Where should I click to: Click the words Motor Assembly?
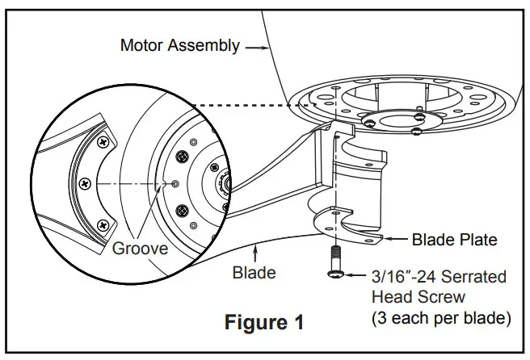tap(179, 45)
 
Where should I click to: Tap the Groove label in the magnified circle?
tap(141, 248)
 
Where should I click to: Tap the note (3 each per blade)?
tap(440, 318)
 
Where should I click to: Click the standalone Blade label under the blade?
tap(254, 272)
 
